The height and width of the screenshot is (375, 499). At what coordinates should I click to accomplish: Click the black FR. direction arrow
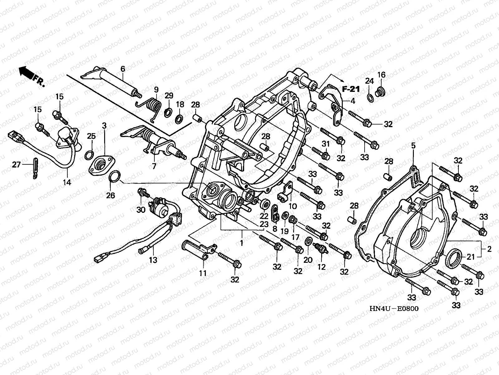pyautogui.click(x=26, y=72)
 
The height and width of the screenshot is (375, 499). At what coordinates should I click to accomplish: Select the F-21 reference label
pyautogui.click(x=351, y=89)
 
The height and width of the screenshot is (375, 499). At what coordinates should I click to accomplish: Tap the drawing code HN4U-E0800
pyautogui.click(x=394, y=308)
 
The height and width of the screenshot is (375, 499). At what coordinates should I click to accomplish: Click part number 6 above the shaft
pyautogui.click(x=123, y=69)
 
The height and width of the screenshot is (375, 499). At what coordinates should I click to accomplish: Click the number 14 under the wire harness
pyautogui.click(x=67, y=182)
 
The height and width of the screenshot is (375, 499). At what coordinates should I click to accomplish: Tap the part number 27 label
pyautogui.click(x=16, y=164)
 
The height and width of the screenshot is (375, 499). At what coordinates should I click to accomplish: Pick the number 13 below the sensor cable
pyautogui.click(x=153, y=260)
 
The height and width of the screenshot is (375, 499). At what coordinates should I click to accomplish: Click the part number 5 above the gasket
pyautogui.click(x=413, y=145)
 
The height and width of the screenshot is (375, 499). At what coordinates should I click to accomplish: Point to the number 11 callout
pyautogui.click(x=203, y=273)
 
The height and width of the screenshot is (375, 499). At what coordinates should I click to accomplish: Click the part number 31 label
pyautogui.click(x=326, y=144)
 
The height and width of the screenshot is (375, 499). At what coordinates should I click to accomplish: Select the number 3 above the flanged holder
pyautogui.click(x=104, y=125)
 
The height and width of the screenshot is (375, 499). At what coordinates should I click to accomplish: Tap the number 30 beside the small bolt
pyautogui.click(x=141, y=209)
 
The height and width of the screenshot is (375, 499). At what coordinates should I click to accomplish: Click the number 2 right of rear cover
pyautogui.click(x=489, y=249)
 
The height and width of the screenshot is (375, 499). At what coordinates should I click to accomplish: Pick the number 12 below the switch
pyautogui.click(x=322, y=267)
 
